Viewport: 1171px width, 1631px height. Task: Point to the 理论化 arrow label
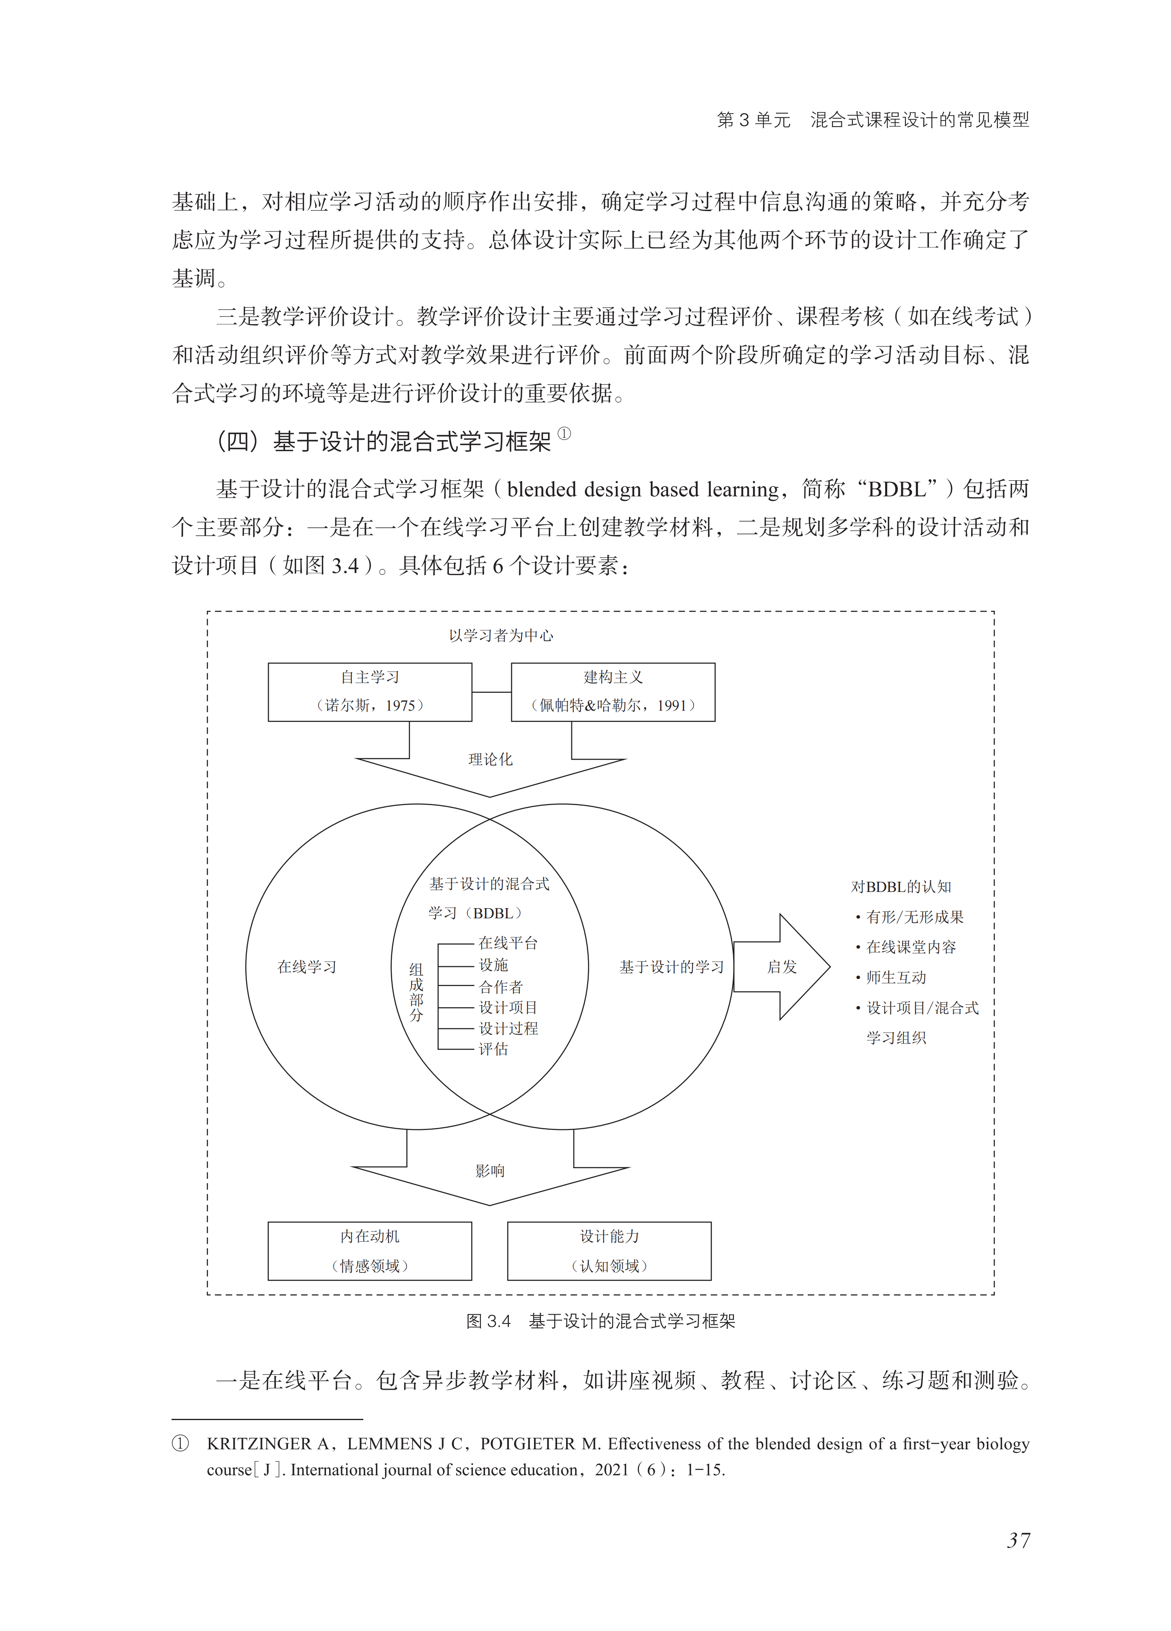pos(490,759)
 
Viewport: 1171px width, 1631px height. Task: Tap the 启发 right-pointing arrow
pos(782,967)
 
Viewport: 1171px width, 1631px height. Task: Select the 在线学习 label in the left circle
pos(307,967)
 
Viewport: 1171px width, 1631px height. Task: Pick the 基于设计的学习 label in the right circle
pos(671,967)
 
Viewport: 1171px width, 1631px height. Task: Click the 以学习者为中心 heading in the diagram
pos(501,635)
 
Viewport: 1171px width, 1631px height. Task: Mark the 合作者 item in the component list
pos(501,986)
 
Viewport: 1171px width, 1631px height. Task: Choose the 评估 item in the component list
pos(494,1049)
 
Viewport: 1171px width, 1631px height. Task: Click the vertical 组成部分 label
pos(416,993)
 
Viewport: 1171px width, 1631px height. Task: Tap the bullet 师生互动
pos(896,977)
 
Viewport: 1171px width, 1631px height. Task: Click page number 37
pos(1018,1541)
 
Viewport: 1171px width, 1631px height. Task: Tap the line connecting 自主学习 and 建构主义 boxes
pos(492,692)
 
